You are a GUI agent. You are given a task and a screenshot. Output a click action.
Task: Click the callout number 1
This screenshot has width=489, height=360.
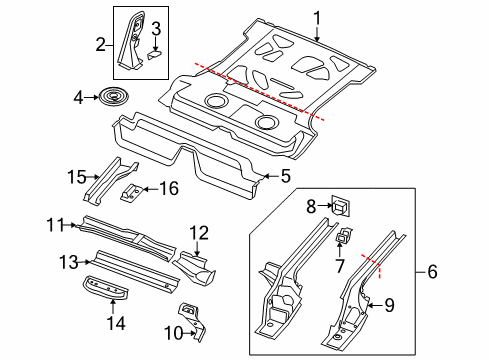click(317, 18)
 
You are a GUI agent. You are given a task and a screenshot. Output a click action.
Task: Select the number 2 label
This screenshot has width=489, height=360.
click(101, 44)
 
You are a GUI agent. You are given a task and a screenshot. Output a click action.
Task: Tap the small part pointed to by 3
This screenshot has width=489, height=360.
click(154, 54)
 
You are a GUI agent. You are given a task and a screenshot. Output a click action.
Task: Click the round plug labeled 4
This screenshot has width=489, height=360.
click(114, 97)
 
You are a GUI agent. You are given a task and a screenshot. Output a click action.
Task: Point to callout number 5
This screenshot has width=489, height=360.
click(286, 176)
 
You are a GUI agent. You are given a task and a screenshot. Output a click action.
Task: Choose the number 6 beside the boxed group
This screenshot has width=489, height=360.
click(432, 271)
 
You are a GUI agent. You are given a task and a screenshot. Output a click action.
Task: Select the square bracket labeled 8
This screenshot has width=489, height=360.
click(340, 206)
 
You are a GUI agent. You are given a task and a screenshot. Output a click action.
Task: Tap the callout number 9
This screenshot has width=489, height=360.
click(389, 305)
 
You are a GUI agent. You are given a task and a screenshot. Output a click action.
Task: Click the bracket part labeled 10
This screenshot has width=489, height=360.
click(193, 320)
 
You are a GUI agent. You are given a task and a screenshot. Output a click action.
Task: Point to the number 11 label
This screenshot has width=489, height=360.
click(56, 225)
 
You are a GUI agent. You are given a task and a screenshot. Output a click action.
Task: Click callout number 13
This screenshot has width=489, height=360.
click(69, 262)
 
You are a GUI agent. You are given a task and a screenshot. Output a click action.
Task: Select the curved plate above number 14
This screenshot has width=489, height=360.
click(106, 288)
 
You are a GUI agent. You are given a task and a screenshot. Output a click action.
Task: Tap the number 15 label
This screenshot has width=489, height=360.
click(77, 177)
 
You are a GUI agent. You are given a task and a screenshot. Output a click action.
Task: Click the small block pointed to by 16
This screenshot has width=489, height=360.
click(131, 193)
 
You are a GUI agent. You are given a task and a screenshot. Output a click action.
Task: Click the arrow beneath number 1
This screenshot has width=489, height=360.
click(317, 34)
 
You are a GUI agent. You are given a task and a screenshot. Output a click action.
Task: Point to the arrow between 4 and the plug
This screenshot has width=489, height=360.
click(91, 97)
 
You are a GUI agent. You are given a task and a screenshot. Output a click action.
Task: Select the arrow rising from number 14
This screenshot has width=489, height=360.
click(113, 307)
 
